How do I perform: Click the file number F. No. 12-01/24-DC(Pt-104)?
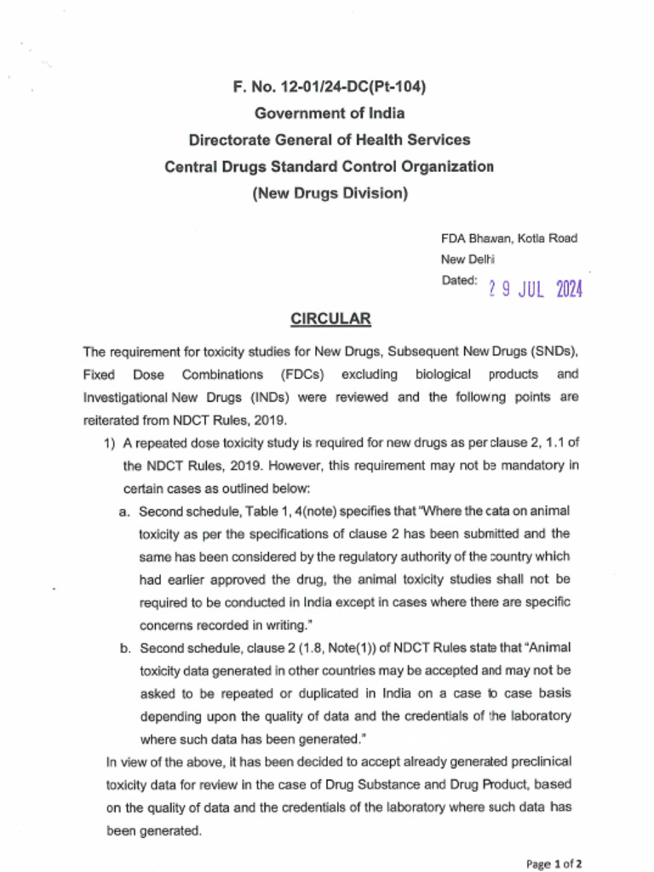tap(330, 87)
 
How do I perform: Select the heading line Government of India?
tap(330, 113)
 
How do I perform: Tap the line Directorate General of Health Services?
tap(330, 140)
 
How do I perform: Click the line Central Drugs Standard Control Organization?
tap(330, 166)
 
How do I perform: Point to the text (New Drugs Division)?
tap(330, 193)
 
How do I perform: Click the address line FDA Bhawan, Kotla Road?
tap(508, 239)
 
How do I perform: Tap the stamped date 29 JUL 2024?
tap(536, 290)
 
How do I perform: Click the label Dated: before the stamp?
tap(459, 281)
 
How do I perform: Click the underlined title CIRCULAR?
tap(330, 319)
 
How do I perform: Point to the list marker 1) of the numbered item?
tap(109, 443)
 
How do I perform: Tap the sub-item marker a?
tap(124, 511)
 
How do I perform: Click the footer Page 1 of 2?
tap(554, 863)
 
